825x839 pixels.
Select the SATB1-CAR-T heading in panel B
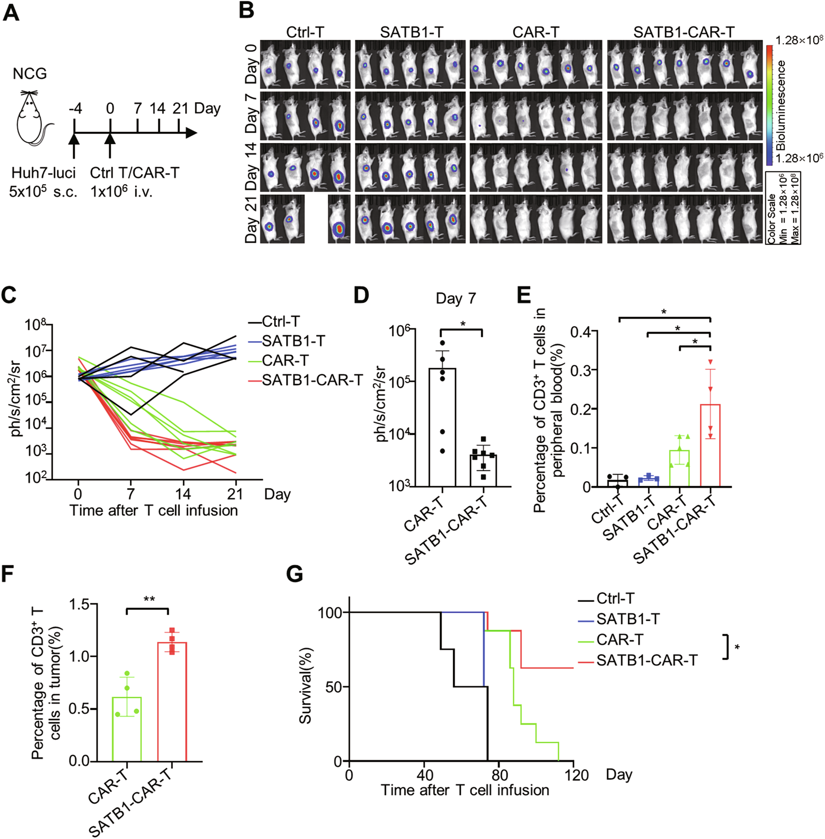tap(684, 32)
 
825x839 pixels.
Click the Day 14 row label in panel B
tap(251, 167)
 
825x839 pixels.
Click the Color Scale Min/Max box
tap(783, 208)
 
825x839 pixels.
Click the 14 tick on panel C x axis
tap(183, 494)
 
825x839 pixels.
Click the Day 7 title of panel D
tap(455, 298)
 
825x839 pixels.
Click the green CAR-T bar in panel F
tap(127, 729)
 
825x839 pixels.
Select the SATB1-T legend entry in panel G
tap(627, 619)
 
